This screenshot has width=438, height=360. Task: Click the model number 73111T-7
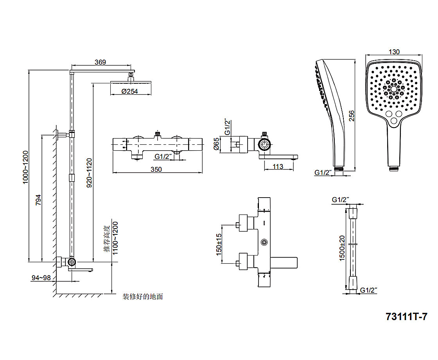tap(406, 316)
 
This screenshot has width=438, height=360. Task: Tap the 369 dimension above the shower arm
tap(101, 62)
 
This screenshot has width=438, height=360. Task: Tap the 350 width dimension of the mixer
tap(156, 169)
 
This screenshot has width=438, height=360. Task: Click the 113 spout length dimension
tap(278, 167)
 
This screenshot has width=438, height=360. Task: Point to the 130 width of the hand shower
tap(394, 52)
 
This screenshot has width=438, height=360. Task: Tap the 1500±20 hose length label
tap(342, 248)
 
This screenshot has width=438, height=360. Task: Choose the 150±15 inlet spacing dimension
tap(219, 245)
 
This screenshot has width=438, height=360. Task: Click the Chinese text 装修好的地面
tap(143, 297)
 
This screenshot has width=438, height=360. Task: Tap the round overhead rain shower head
tap(130, 82)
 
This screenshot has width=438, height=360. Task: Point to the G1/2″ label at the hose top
tap(340, 200)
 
